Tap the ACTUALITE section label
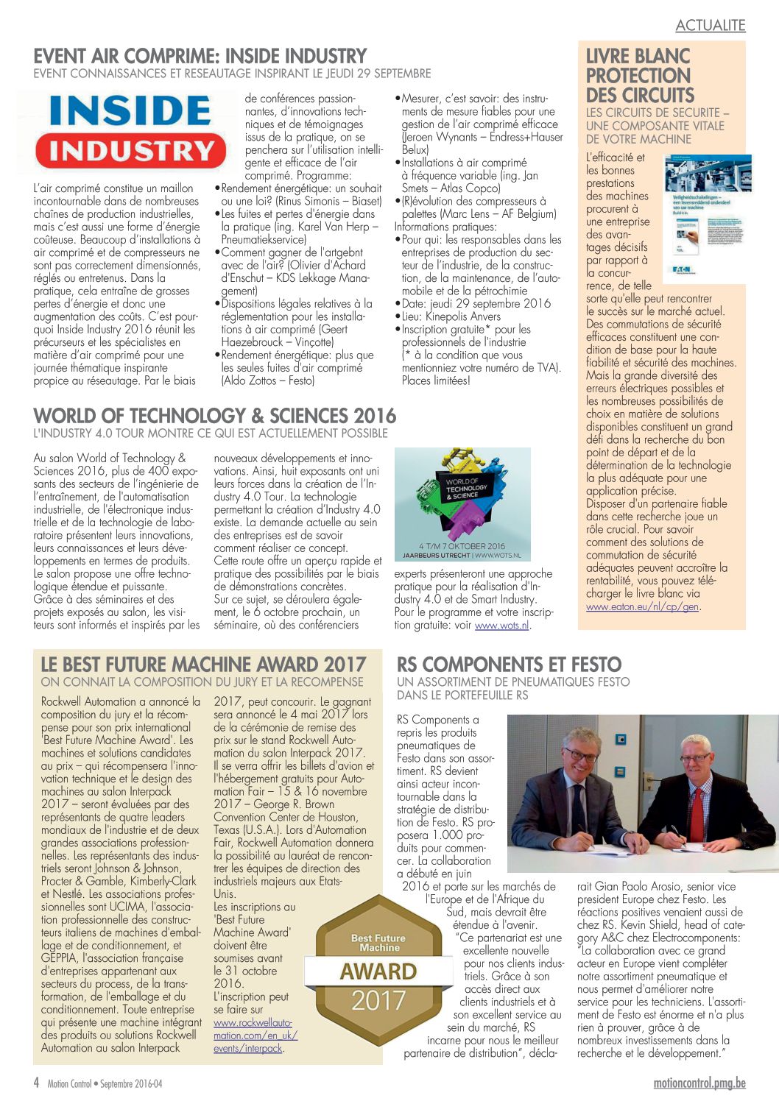[x=710, y=25]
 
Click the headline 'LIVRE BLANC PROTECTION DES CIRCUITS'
[x=639, y=75]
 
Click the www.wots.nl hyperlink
[x=501, y=626]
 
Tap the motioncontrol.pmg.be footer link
[x=699, y=1083]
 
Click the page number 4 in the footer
[x=36, y=1083]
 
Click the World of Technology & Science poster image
[x=462, y=504]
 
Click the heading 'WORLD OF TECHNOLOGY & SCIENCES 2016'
[x=214, y=416]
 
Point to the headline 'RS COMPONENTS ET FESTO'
[x=509, y=665]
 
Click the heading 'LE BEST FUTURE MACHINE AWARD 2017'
[x=203, y=665]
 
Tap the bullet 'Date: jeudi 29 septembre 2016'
[x=476, y=303]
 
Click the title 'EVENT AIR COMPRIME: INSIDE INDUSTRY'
[x=200, y=56]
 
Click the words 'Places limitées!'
[x=436, y=380]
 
